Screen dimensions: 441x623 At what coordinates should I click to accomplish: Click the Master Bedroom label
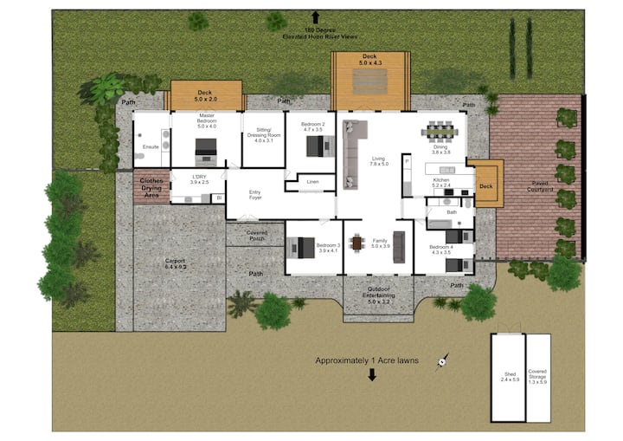206,121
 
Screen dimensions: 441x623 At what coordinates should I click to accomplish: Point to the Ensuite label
150,146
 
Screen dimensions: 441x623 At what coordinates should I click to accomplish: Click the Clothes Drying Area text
151,188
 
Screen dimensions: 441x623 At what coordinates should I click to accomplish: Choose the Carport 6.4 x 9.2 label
176,263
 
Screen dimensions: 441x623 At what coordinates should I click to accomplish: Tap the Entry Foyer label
255,195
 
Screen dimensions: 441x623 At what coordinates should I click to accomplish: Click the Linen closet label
313,181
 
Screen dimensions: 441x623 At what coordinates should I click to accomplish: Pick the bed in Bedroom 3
302,248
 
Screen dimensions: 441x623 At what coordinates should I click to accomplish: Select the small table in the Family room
356,243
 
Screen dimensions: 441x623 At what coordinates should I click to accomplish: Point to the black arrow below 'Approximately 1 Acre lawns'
373,375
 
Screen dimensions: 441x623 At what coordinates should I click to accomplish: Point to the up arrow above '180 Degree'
316,16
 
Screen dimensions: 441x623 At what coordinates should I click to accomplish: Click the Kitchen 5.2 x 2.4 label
443,183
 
